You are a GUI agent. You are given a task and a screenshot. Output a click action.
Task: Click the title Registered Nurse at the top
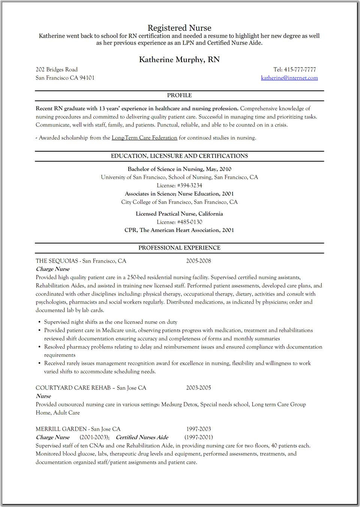point(179,28)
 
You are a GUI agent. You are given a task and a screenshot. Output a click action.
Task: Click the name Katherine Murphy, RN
point(179,60)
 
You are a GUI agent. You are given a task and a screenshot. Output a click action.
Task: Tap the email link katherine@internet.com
point(289,78)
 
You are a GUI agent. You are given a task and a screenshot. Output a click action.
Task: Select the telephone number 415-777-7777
point(300,69)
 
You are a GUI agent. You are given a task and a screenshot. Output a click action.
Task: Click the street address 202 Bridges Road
point(57,69)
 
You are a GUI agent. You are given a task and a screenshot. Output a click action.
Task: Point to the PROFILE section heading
point(179,95)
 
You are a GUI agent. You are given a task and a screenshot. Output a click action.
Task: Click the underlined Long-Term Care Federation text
point(144,138)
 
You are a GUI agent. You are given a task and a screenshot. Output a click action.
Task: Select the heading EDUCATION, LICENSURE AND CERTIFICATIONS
point(179,156)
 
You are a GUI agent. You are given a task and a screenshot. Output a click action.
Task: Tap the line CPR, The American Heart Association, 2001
point(179,230)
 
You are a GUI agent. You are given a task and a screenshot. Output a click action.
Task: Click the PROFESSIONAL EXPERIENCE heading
point(179,248)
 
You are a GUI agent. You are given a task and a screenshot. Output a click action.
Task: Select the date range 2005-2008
point(198,261)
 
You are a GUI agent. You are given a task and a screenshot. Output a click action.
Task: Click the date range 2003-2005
point(198,388)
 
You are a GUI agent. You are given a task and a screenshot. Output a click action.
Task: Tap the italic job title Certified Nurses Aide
point(142,437)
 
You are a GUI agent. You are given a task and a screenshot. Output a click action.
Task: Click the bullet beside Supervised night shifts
point(39,322)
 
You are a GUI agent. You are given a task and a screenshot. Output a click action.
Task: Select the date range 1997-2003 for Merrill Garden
point(199,429)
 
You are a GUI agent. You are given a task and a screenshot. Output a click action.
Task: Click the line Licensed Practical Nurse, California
point(179,214)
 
